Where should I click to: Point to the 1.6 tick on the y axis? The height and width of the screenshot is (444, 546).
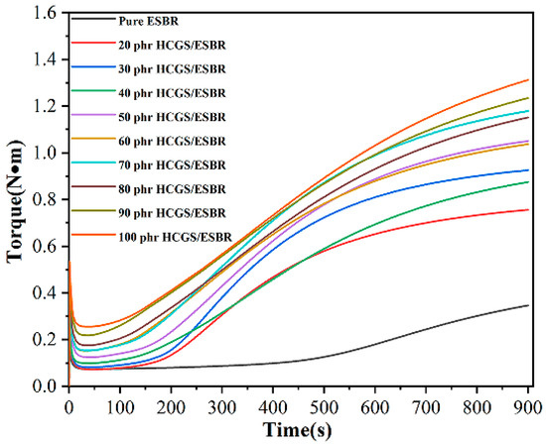point(46,13)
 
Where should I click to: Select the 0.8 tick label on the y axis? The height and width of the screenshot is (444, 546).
point(46,199)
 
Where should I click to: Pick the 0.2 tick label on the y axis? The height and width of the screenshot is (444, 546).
point(46,339)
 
